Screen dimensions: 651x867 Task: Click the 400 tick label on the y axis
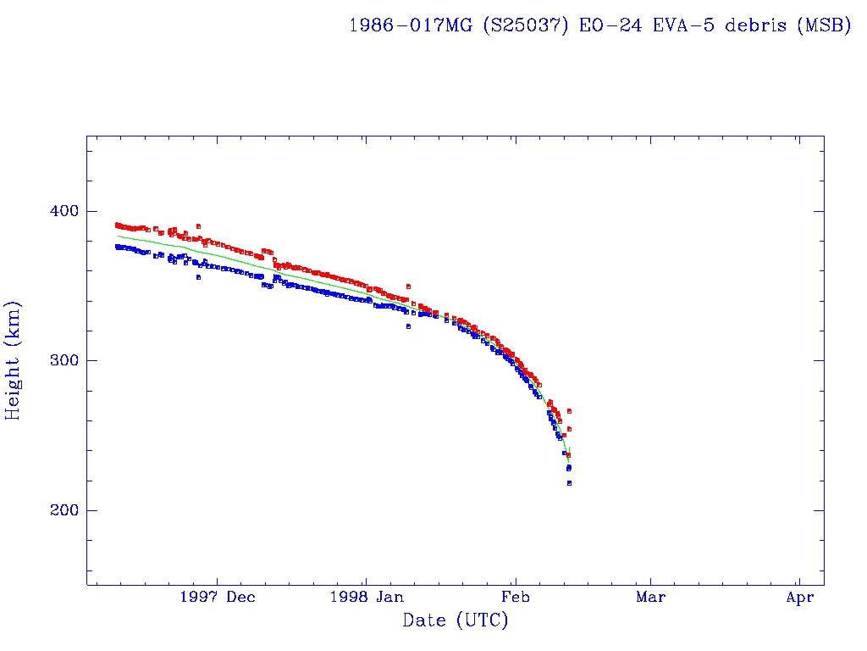56,210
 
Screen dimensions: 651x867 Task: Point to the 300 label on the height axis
56,360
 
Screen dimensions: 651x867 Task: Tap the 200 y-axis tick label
56,510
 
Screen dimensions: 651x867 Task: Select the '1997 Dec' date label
218,598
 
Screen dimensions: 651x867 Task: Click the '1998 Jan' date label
366,598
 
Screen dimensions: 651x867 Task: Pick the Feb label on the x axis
515,598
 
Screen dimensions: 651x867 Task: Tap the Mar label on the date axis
650,598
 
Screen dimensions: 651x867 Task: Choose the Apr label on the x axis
799,598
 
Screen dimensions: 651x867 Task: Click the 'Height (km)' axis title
14,360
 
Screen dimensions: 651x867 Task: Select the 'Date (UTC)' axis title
456,621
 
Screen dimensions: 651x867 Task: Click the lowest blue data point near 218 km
569,483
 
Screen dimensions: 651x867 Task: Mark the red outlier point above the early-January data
408,287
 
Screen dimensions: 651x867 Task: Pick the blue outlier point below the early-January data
408,326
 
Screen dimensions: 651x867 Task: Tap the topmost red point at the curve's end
569,411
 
